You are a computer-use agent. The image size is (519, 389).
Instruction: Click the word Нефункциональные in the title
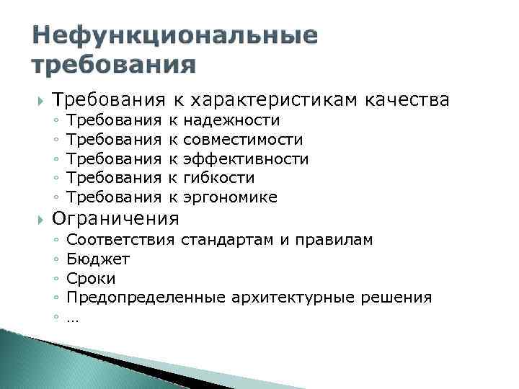click(175, 35)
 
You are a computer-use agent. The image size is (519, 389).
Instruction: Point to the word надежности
click(233, 120)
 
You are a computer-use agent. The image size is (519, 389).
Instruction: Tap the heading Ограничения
click(115, 218)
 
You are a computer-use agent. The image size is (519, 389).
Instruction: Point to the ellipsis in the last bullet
click(71, 317)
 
